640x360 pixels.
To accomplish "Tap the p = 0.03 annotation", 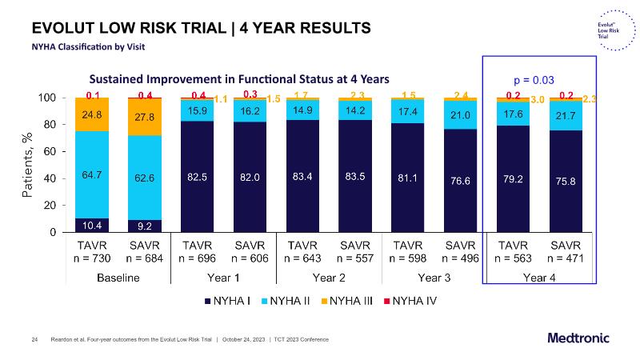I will [534, 80].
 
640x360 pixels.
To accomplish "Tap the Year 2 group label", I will [329, 278].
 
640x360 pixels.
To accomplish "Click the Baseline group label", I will [118, 278].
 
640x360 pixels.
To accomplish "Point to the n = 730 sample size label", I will [93, 258].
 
